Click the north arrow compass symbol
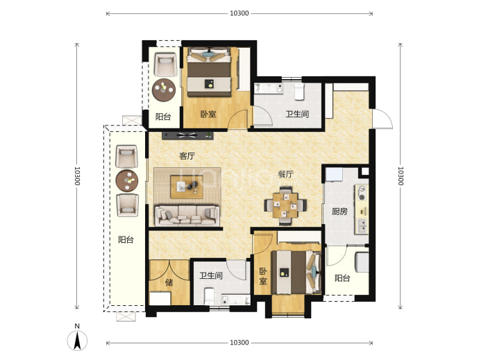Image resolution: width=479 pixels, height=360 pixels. (x=77, y=340)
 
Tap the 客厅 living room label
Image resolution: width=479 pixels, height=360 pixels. (x=187, y=156)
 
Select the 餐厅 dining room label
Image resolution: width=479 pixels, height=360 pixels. (x=285, y=174)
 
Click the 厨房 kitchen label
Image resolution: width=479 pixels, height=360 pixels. (x=339, y=211)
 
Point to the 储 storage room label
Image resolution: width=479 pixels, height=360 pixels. (x=169, y=282)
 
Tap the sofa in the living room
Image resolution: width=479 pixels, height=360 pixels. (x=187, y=215)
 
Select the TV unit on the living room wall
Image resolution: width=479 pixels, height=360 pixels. (x=187, y=135)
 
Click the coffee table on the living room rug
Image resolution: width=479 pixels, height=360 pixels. (x=187, y=187)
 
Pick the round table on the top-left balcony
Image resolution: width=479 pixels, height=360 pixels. (x=164, y=90)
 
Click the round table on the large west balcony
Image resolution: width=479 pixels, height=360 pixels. (x=127, y=181)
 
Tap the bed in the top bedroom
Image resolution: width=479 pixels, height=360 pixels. (x=209, y=71)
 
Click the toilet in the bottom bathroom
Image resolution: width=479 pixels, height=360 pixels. (x=209, y=296)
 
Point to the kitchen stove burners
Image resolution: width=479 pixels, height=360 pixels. (x=362, y=194)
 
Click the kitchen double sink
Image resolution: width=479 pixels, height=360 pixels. (x=362, y=226)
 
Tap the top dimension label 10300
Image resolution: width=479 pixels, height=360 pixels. (x=239, y=13)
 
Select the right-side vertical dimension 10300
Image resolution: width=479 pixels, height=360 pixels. (x=401, y=176)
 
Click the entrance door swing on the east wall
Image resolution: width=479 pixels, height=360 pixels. (x=383, y=119)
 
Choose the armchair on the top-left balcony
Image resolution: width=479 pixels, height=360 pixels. (x=165, y=65)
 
